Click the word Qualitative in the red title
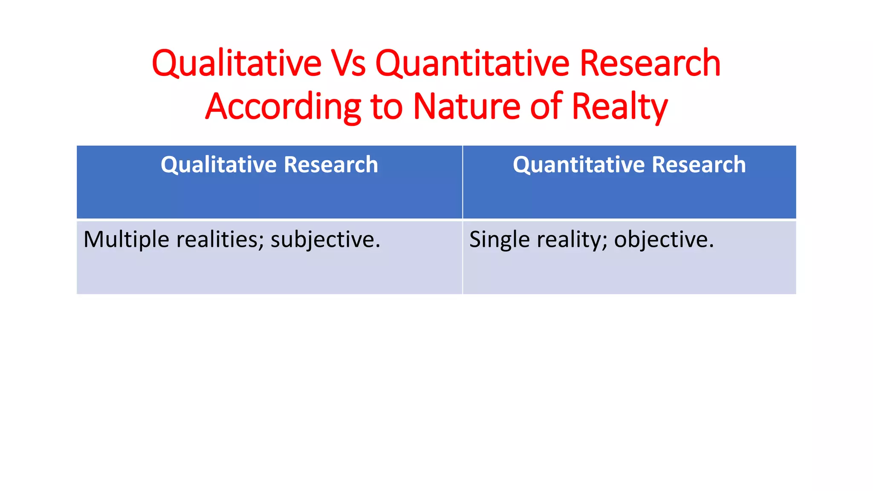click(237, 64)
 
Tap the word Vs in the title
click(349, 64)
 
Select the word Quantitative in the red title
click(472, 64)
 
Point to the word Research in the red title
click(650, 64)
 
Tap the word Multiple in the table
click(126, 240)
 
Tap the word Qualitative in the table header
click(219, 165)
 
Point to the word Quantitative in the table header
click(579, 165)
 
